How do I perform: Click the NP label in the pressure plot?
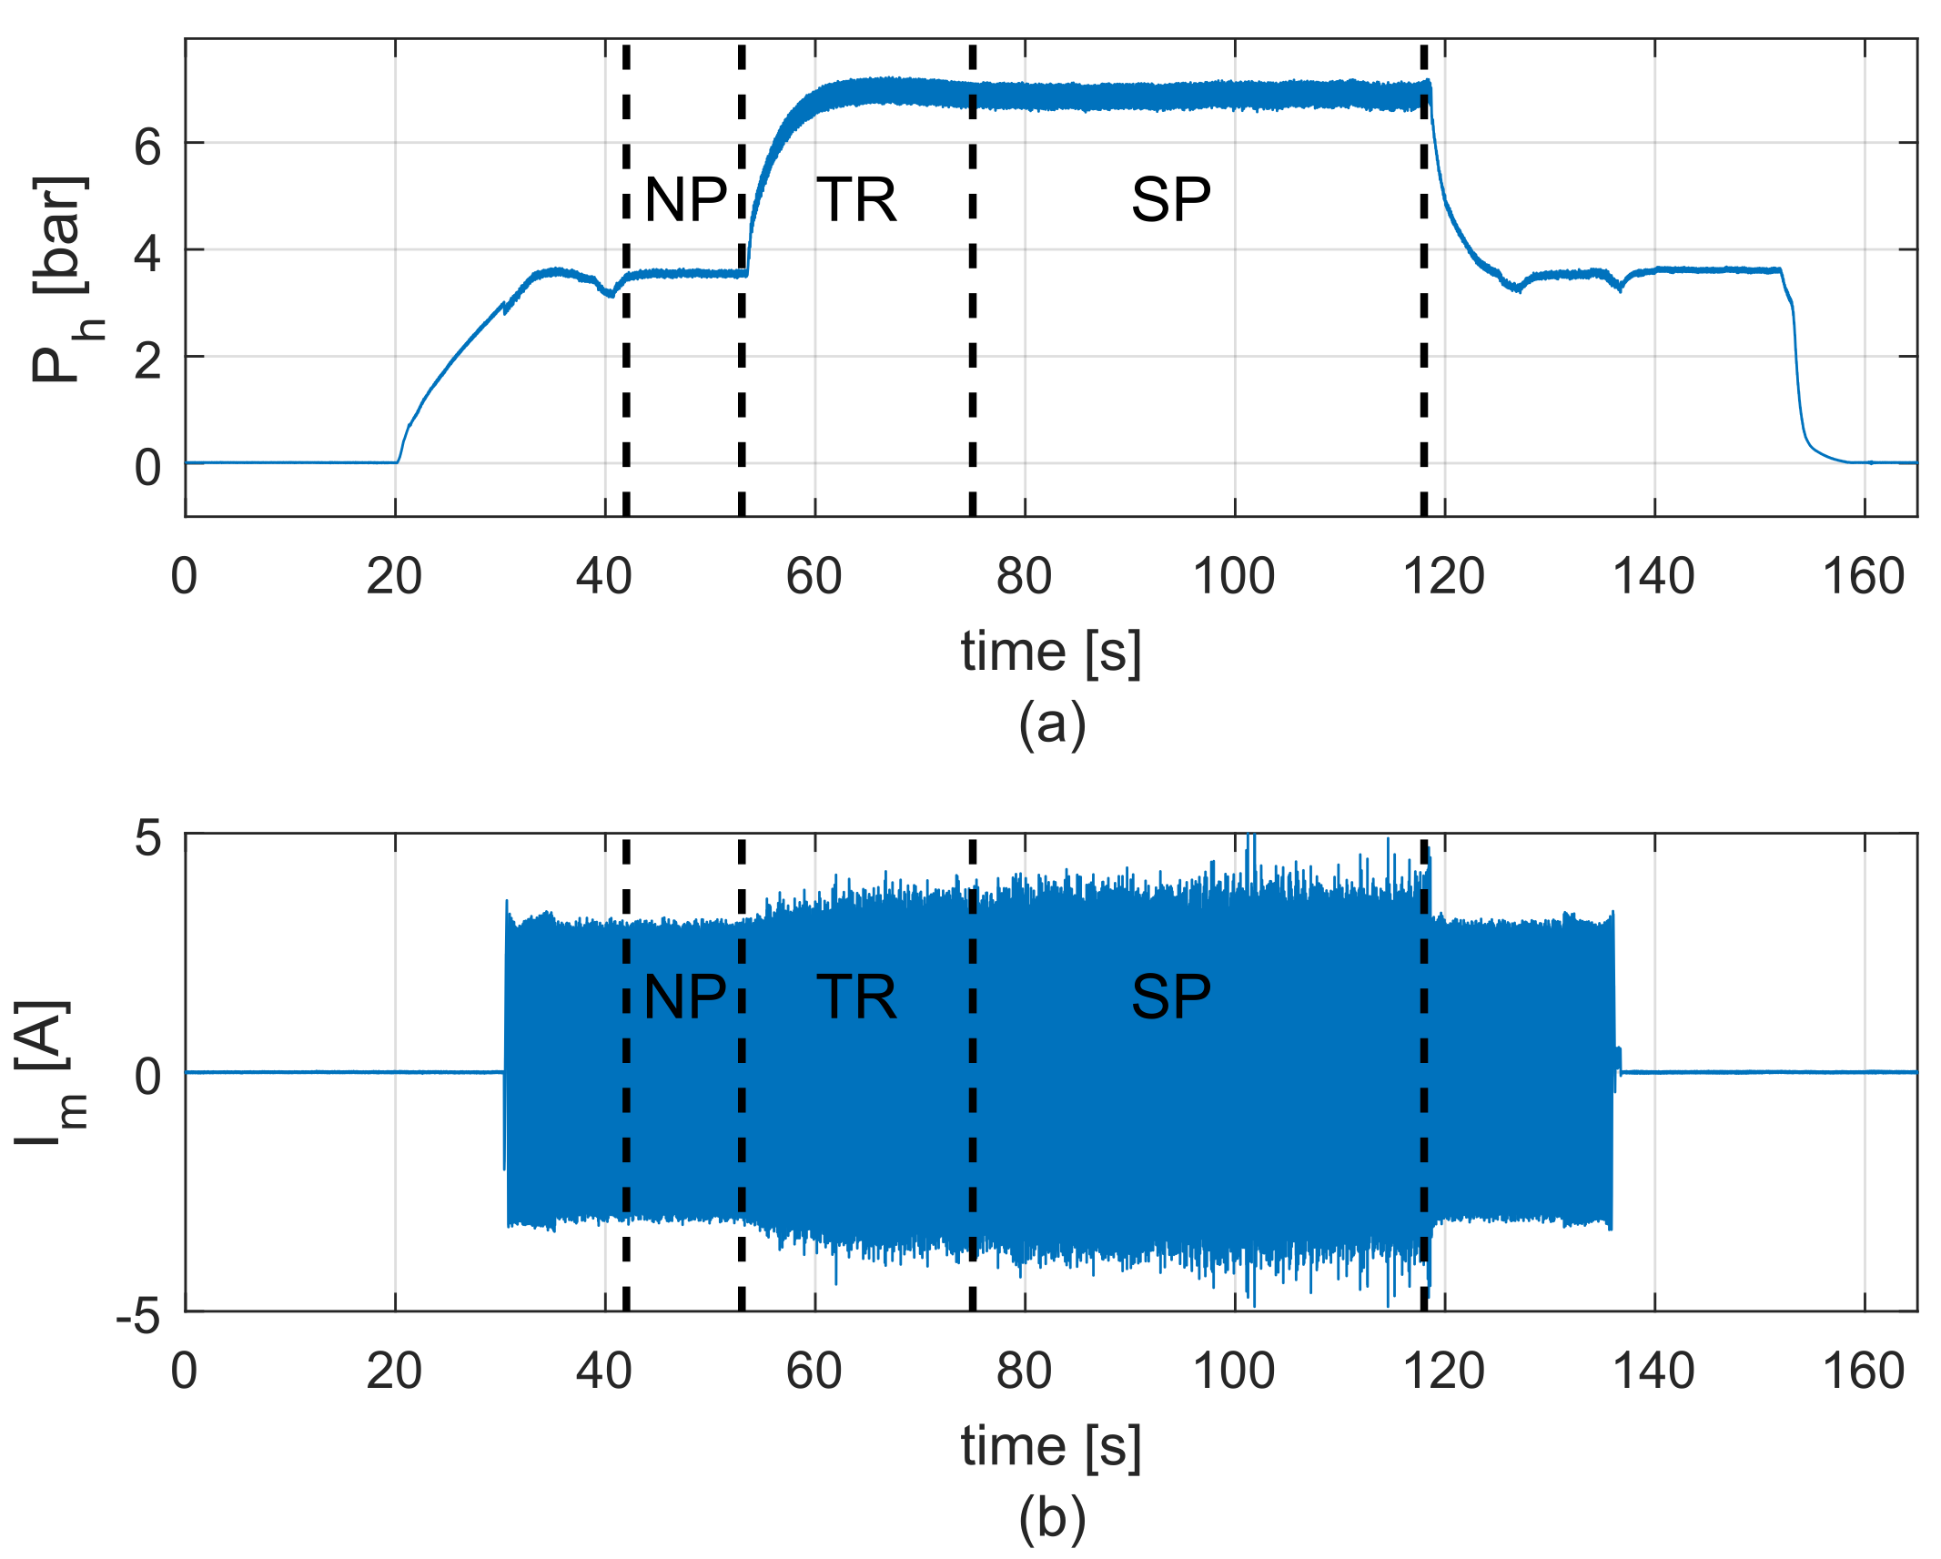pyautogui.click(x=685, y=199)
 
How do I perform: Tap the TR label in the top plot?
pyautogui.click(x=856, y=199)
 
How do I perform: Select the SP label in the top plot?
pyautogui.click(x=1170, y=199)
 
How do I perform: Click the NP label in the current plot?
pyautogui.click(x=684, y=997)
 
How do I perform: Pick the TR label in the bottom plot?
pyautogui.click(x=856, y=997)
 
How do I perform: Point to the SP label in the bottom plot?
pyautogui.click(x=1170, y=997)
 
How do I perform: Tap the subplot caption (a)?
pyautogui.click(x=1052, y=724)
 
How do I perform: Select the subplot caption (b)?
pyautogui.click(x=1052, y=1519)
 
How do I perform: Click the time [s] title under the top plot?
pyautogui.click(x=1051, y=652)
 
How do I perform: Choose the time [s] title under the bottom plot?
pyautogui.click(x=1051, y=1446)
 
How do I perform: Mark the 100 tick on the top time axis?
pyautogui.click(x=1233, y=576)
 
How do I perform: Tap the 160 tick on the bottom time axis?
pyautogui.click(x=1863, y=1371)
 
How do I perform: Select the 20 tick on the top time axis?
pyautogui.click(x=394, y=576)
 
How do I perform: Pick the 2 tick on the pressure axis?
pyautogui.click(x=147, y=360)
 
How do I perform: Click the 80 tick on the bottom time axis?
pyautogui.click(x=1024, y=1371)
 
